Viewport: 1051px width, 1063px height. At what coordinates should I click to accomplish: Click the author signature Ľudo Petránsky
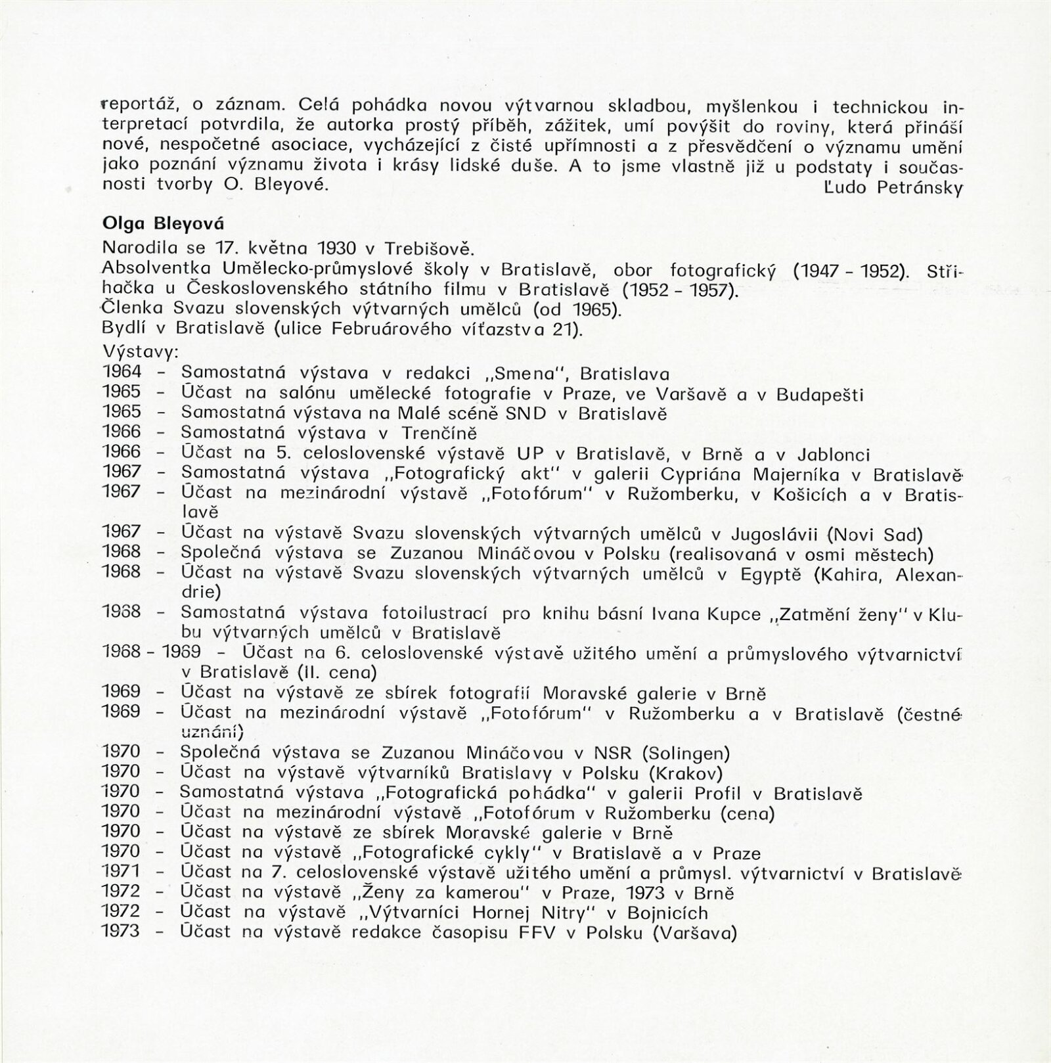(x=892, y=189)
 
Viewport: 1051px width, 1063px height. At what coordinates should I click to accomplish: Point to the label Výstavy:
(x=141, y=351)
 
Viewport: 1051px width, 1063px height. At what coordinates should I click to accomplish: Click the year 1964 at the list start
(x=122, y=373)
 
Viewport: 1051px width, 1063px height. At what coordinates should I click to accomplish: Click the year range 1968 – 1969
(x=152, y=652)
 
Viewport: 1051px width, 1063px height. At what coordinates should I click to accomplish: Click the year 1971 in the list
(x=122, y=872)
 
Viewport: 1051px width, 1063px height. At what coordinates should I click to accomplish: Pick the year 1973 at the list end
(x=122, y=932)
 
